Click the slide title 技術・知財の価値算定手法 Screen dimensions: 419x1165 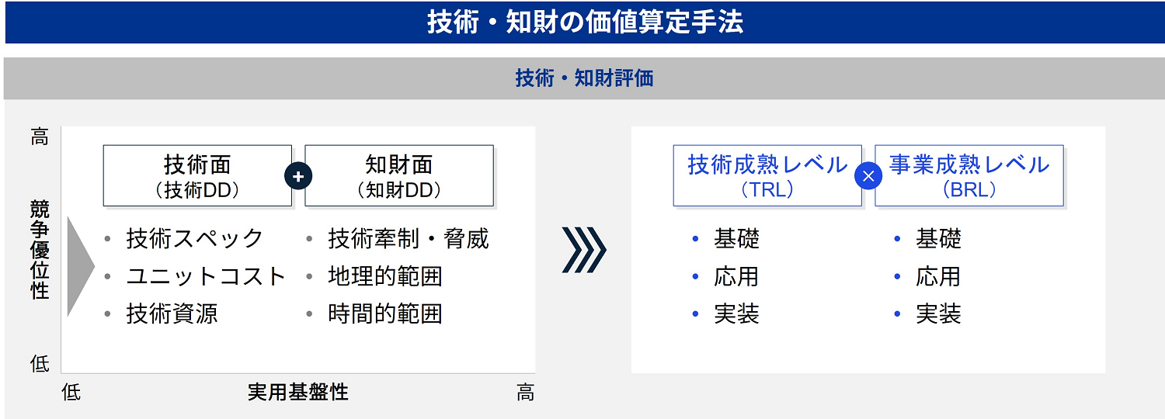pos(584,22)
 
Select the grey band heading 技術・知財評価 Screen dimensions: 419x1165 pos(584,78)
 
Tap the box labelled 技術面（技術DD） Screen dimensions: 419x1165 pos(197,176)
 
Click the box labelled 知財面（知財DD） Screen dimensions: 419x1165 pos(399,176)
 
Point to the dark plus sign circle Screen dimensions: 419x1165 pos(298,176)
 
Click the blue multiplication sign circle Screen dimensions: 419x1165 pos(868,176)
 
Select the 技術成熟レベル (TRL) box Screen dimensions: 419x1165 pos(767,176)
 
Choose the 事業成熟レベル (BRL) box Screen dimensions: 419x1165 pos(969,176)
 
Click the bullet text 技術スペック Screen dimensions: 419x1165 pos(195,238)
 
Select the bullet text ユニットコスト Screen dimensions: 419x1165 pos(207,276)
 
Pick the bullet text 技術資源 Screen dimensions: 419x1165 pos(172,313)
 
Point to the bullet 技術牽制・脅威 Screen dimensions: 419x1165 pos(409,238)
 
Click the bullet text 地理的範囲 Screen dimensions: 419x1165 pos(385,276)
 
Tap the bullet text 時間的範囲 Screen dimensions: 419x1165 pos(385,313)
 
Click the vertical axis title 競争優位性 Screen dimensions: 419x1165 pos(40,249)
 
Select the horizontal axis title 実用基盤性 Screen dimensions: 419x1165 pos(298,392)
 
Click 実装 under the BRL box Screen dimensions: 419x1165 pos(938,313)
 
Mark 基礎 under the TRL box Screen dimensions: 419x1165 pos(736,238)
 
